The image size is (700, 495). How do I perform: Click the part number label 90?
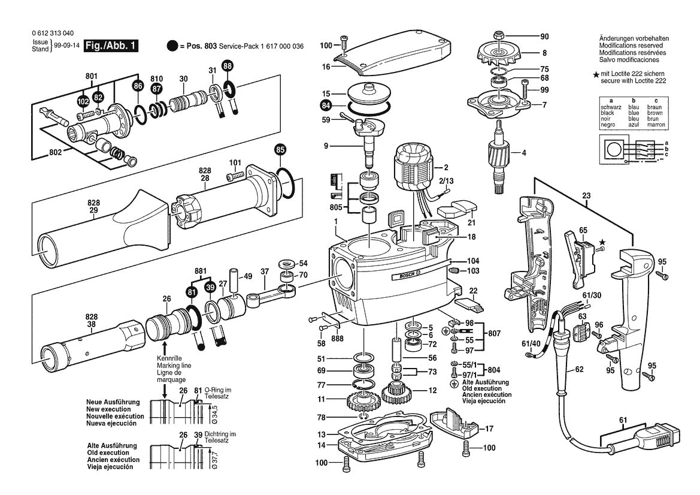(544, 36)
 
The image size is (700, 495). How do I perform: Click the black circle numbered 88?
(228, 65)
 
